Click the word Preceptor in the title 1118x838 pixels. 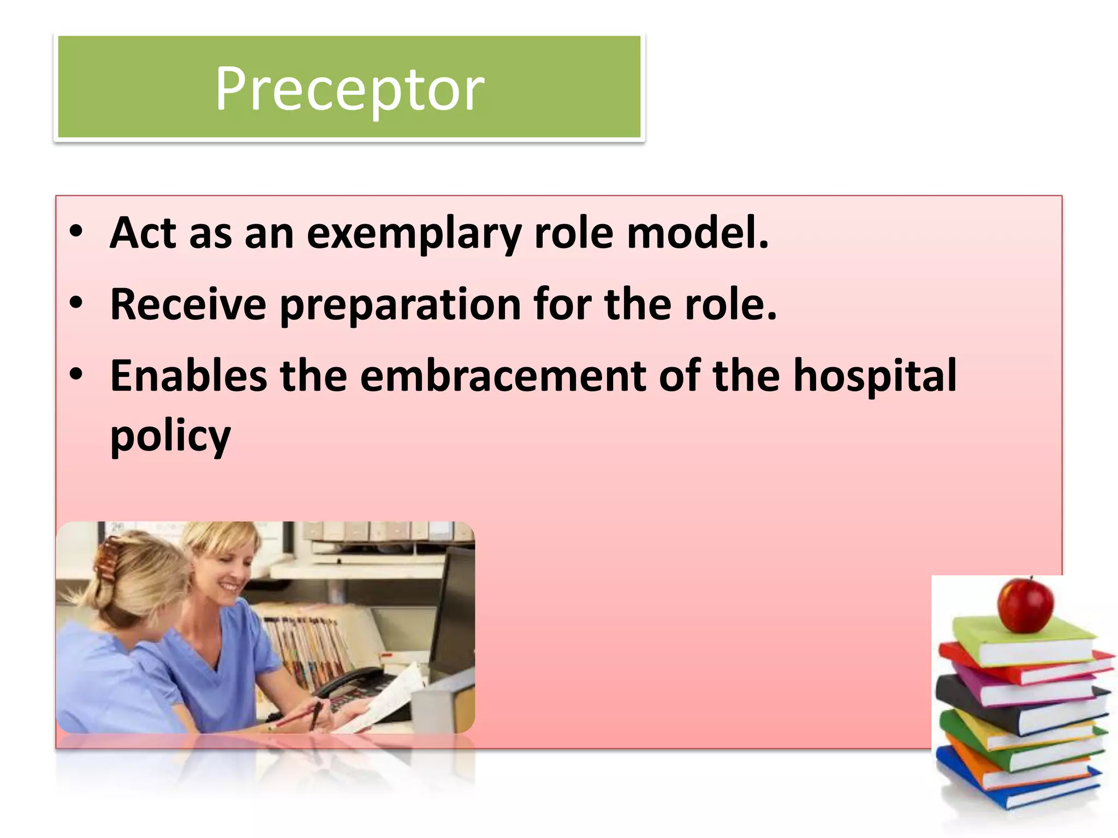pos(349,89)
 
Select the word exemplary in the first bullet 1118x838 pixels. pos(414,234)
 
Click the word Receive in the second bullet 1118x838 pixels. pos(188,304)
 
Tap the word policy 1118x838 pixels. pos(170,436)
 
